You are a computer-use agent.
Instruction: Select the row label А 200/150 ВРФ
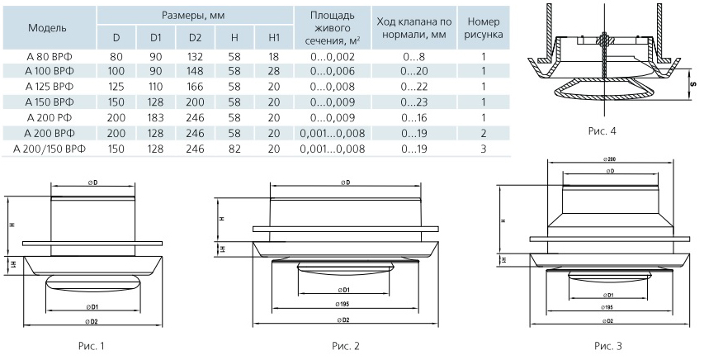50,149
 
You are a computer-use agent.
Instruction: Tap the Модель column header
47,27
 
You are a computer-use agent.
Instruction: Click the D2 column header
195,38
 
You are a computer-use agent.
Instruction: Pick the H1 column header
274,38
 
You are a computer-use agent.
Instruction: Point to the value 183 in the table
156,117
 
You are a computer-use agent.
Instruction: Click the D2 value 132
195,54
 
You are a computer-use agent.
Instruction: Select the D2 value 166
195,86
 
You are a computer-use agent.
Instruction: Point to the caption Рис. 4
602,130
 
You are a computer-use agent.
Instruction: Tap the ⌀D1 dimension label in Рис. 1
92,307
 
